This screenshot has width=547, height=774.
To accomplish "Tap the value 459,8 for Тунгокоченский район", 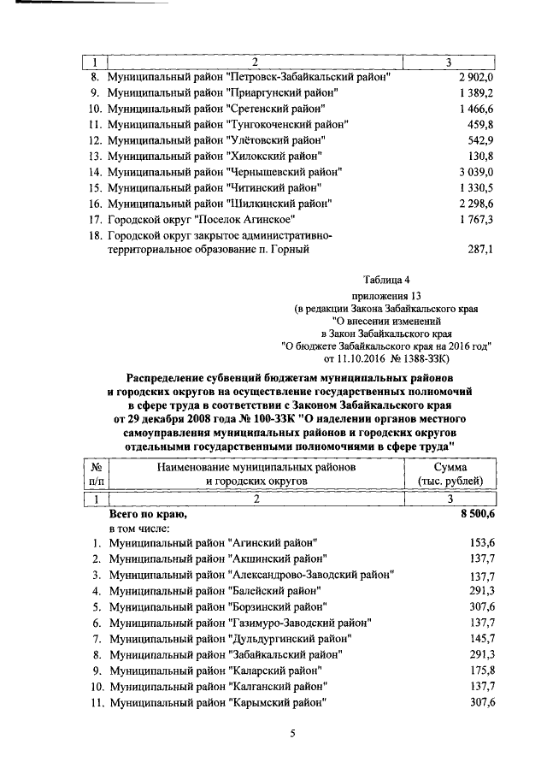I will [474, 124].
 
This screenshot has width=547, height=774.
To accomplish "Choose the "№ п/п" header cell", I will [97, 475].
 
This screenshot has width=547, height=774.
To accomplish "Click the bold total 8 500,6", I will [473, 516].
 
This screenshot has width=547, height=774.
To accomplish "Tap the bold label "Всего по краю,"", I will [147, 516].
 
